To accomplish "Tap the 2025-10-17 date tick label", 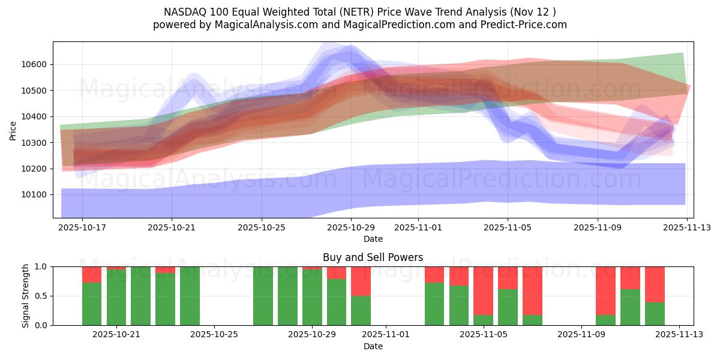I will click(x=82, y=228).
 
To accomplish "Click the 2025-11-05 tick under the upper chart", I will click(x=508, y=228).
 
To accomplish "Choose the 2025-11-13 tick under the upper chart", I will click(x=687, y=228).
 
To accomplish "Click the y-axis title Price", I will click(x=13, y=130).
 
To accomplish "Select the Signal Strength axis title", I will click(x=25, y=296).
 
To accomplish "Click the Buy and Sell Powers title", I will click(x=373, y=257).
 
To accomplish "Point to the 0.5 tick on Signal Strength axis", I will click(x=42, y=296).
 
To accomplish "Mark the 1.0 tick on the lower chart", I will click(x=42, y=266).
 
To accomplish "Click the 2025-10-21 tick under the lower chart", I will click(x=116, y=335).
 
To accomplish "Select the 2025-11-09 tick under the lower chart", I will click(x=581, y=335).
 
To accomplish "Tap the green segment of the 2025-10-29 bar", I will click(x=312, y=297).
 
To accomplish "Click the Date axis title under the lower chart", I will click(x=373, y=346).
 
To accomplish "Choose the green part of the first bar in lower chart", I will click(x=92, y=304).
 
